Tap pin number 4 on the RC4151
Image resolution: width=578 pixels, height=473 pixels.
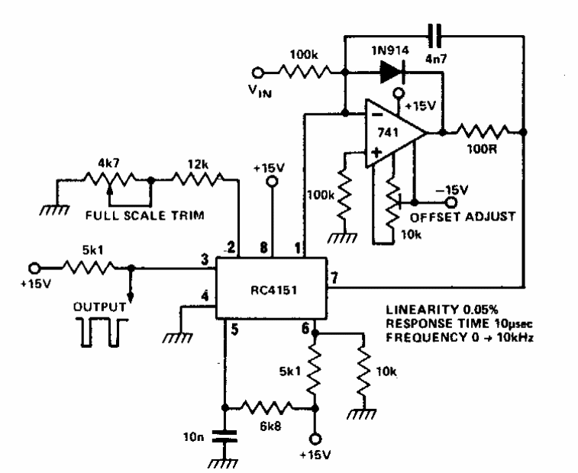(204, 296)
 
